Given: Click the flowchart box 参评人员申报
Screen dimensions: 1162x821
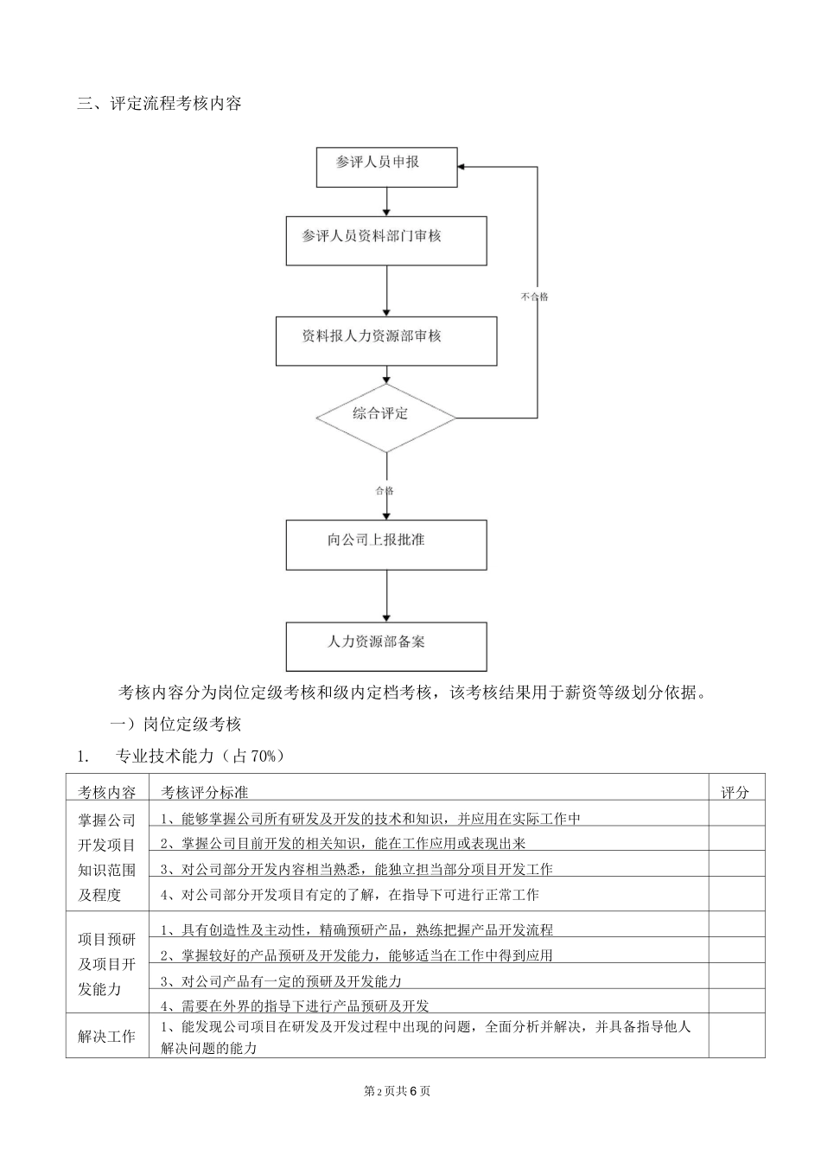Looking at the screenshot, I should coord(385,166).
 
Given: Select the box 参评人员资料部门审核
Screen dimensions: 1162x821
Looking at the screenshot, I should coord(385,240).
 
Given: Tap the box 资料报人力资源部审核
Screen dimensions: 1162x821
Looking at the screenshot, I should coord(385,340).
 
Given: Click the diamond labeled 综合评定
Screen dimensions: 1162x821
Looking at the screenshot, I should coord(385,418).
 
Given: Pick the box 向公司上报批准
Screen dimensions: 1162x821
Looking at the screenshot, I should coord(385,544).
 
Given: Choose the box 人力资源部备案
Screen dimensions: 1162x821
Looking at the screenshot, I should coord(385,646).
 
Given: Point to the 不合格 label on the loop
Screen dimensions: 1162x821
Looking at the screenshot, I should coord(535,297).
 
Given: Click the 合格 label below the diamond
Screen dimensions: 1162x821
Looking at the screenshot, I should coord(385,490).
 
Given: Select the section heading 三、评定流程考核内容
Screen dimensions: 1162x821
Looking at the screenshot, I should coord(159,104).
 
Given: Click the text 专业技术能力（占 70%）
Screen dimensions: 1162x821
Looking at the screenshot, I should coord(199,756).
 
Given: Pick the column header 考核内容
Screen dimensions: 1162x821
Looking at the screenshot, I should coord(107,791).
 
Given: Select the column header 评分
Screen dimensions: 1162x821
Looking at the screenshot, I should coord(735,791).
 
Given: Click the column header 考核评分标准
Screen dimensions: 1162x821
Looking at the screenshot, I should coord(205,791).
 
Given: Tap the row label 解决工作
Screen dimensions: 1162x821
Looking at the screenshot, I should coord(107,1035).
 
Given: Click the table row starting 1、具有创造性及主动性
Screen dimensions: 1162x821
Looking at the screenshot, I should coord(357,929).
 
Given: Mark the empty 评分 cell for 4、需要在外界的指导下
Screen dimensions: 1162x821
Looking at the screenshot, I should coord(735,1003).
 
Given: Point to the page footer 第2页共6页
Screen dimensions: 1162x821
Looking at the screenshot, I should coord(398,1090).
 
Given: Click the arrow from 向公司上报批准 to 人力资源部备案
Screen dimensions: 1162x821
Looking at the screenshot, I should coord(385,597).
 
